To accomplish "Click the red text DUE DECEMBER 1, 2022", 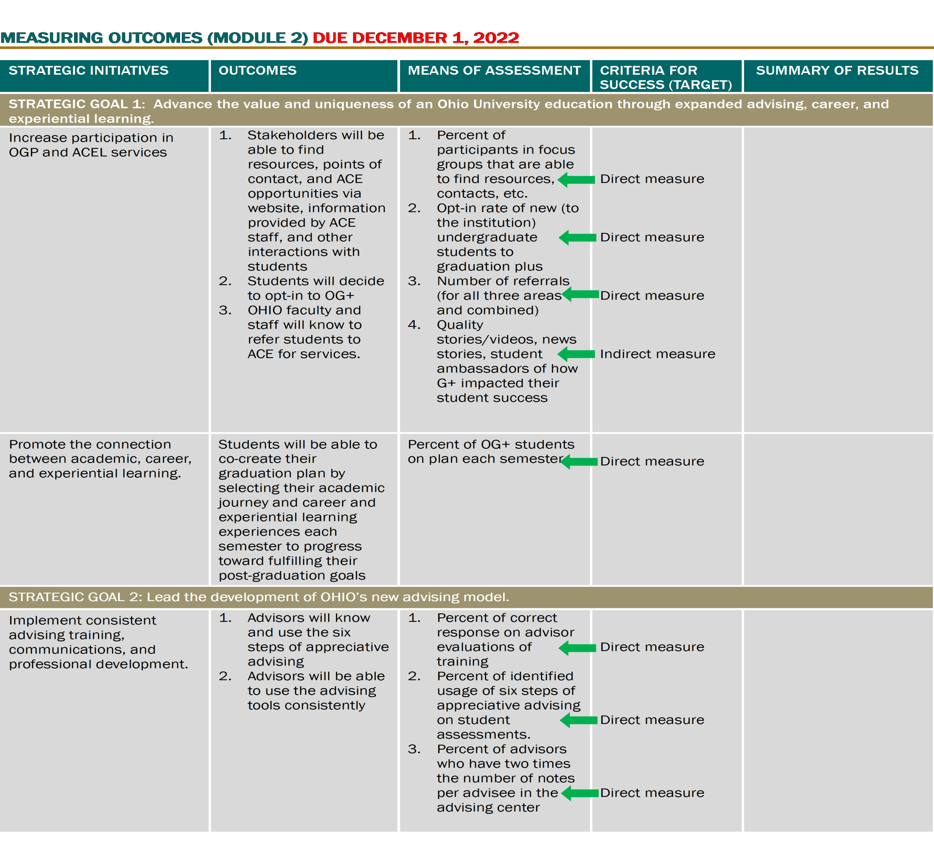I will tap(416, 38).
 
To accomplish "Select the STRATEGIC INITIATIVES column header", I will tap(89, 70).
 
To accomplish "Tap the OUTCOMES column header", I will tap(258, 70).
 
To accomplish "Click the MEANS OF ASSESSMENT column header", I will tap(494, 70).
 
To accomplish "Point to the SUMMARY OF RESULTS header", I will tap(837, 70).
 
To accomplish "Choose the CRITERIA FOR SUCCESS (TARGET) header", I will tap(665, 77).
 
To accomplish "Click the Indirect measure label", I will tap(657, 354).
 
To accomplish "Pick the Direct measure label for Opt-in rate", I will tap(652, 238).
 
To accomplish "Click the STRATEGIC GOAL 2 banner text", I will tap(259, 597).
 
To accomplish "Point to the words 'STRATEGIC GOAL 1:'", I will tap(77, 104).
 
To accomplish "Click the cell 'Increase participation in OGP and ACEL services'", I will tap(91, 145).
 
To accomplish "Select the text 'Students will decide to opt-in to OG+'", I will tap(315, 288).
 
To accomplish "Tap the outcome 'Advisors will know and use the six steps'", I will tap(317, 640).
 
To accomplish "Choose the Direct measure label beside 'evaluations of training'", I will tap(652, 647).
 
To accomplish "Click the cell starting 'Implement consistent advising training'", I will tap(98, 642).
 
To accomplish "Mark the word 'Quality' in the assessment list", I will tap(460, 325).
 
